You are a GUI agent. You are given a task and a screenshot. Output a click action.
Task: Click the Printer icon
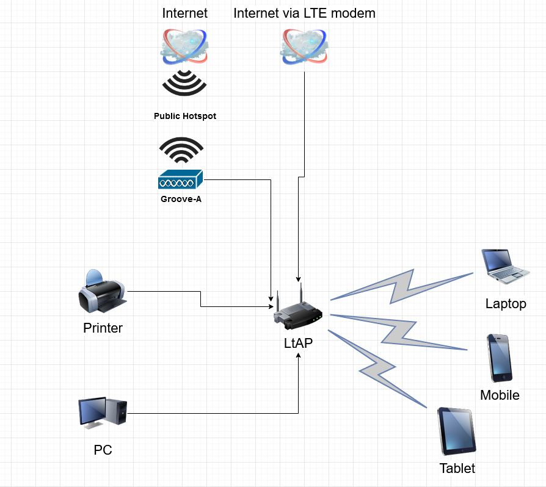(102, 291)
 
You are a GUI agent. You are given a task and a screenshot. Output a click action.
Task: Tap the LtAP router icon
(297, 309)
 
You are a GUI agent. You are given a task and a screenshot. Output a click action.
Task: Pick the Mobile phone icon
(499, 358)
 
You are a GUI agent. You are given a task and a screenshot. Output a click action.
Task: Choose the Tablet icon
(456, 431)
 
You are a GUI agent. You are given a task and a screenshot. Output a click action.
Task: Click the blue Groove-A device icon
(180, 181)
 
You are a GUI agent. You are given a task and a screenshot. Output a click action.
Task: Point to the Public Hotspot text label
(184, 116)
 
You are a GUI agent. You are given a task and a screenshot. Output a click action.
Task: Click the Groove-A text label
(180, 198)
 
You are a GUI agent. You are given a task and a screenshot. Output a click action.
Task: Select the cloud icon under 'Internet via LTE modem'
(304, 48)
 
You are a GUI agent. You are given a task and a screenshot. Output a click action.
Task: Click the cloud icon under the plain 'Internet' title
(184, 48)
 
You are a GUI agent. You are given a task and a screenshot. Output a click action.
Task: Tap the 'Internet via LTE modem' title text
(304, 13)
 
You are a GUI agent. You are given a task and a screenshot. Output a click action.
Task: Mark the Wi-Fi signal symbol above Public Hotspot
(184, 83)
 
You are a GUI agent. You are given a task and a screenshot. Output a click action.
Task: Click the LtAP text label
(298, 343)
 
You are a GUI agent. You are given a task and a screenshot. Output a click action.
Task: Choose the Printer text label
(103, 328)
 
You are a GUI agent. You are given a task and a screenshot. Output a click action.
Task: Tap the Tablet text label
(457, 469)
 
